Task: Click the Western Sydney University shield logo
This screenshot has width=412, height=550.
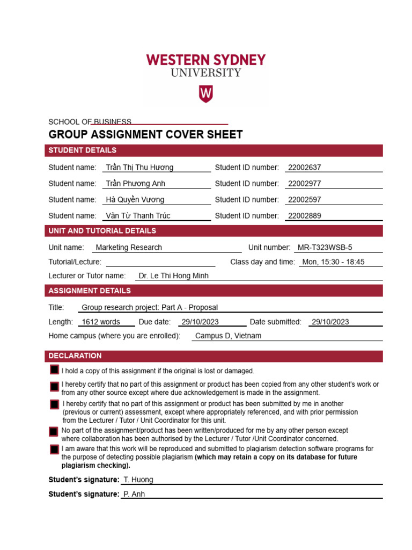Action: click(206, 93)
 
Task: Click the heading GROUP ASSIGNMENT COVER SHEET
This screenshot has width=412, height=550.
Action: click(145, 135)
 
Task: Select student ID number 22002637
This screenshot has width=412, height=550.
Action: click(304, 168)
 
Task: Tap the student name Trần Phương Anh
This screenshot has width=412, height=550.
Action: click(135, 184)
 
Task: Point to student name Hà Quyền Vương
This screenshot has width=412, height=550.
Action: click(135, 200)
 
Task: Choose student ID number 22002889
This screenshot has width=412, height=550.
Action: click(304, 216)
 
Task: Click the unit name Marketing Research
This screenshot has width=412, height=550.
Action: click(128, 248)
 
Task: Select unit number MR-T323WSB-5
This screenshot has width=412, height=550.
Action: click(325, 248)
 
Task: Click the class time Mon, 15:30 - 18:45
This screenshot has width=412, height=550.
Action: click(333, 262)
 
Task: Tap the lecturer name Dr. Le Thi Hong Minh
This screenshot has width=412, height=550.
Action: click(173, 276)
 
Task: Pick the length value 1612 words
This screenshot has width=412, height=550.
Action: click(100, 322)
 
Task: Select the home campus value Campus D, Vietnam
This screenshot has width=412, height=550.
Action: click(228, 336)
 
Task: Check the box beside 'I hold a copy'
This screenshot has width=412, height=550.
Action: click(54, 370)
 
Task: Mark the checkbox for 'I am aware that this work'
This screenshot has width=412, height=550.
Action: click(54, 450)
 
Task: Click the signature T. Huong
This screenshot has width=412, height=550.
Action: click(138, 480)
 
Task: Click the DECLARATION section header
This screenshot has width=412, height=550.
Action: click(75, 356)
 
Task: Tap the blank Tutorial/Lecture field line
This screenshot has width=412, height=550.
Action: click(160, 262)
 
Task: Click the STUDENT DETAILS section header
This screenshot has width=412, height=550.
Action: click(82, 150)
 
